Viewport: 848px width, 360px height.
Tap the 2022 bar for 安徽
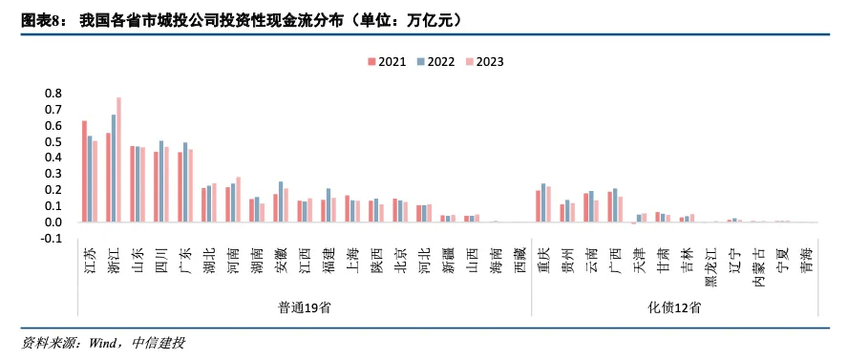click(x=281, y=201)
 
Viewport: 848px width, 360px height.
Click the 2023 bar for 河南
click(x=238, y=200)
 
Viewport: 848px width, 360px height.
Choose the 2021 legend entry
click(x=386, y=61)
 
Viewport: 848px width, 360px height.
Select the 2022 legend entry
click(x=434, y=61)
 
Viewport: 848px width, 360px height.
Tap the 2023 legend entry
click(x=483, y=61)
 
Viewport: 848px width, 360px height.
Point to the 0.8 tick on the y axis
click(x=53, y=94)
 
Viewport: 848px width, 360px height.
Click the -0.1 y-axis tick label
click(x=52, y=239)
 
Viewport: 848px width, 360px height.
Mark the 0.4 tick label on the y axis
click(x=53, y=158)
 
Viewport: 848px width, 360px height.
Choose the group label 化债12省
click(x=673, y=307)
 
